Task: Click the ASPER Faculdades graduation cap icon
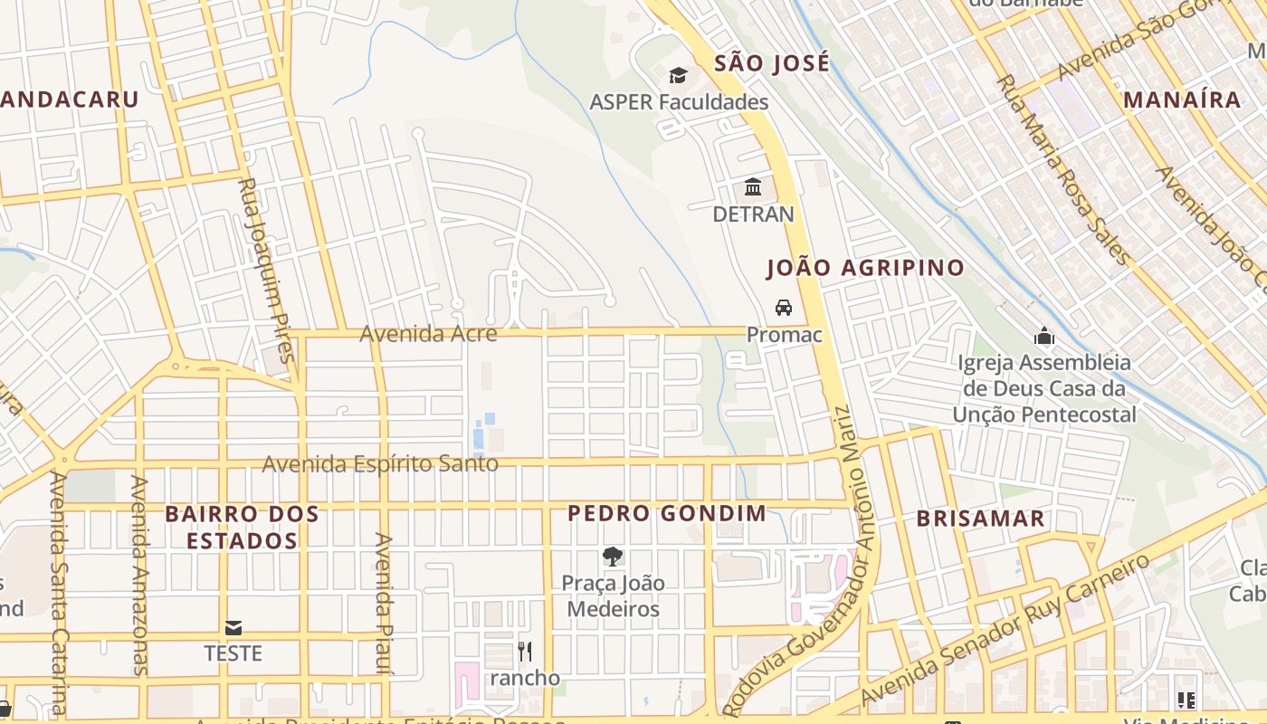[678, 75]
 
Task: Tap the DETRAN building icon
[753, 187]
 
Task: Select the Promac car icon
[784, 308]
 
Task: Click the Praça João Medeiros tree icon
[613, 556]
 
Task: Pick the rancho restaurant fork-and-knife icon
[525, 651]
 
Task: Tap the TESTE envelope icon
[233, 627]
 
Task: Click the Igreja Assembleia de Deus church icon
[1044, 337]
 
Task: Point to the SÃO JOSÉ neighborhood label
[771, 63]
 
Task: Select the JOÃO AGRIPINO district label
[865, 268]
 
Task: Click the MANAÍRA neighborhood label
[1182, 100]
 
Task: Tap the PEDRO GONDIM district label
[666, 514]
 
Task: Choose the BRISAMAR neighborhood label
[981, 519]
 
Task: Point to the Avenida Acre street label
[428, 334]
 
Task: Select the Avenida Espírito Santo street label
[380, 464]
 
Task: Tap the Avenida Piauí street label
[384, 603]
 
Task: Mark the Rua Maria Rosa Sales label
[1062, 169]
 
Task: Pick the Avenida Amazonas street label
[138, 575]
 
